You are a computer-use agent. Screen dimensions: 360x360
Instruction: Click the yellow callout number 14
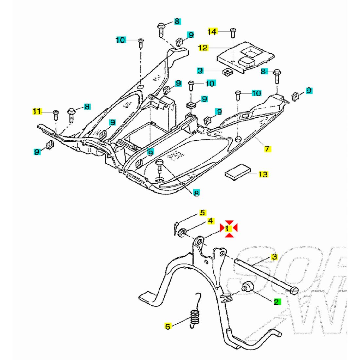point(212,31)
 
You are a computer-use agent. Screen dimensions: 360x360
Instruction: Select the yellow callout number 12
point(203,48)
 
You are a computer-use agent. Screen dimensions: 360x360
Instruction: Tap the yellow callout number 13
point(263,174)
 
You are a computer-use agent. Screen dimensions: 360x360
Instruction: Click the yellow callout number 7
point(267,149)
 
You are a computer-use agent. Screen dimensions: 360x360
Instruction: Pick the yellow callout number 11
point(37,112)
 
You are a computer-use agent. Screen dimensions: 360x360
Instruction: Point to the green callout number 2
point(277,302)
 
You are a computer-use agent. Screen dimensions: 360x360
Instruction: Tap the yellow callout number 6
point(168,326)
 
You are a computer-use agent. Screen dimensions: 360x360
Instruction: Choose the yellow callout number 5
point(203,213)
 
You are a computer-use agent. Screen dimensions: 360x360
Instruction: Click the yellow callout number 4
point(210,221)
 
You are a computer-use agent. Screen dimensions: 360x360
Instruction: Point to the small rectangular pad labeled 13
point(237,171)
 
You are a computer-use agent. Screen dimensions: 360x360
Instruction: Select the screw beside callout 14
point(233,32)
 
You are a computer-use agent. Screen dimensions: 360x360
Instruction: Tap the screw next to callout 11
point(56,114)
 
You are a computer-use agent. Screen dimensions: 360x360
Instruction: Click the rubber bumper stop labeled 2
point(247,286)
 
